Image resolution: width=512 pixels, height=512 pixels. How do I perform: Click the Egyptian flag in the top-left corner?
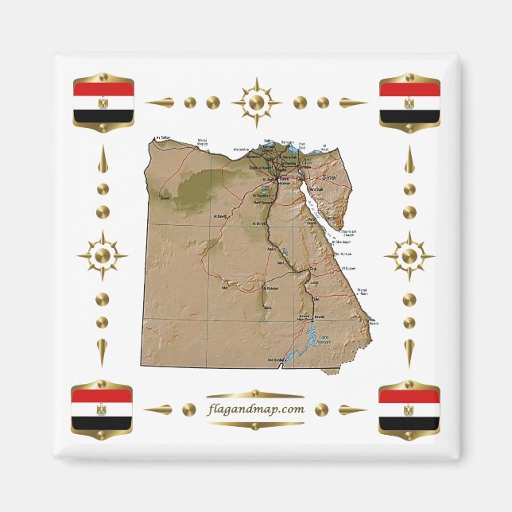coord(103,103)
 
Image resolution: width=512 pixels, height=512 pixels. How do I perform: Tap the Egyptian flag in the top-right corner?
coord(409,103)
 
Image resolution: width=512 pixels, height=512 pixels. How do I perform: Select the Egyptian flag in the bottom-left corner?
coord(102,409)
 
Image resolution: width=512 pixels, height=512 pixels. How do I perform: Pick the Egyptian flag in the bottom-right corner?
coord(409,409)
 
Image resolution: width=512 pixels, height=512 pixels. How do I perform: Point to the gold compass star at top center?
coord(256,103)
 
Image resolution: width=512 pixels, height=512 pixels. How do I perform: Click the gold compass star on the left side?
coord(103,256)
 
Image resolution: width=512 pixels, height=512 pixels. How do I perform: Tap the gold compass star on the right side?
coord(409,256)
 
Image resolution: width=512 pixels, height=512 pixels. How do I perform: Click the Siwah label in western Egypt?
coord(165,199)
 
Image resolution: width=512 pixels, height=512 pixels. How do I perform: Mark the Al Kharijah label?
coord(270,289)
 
